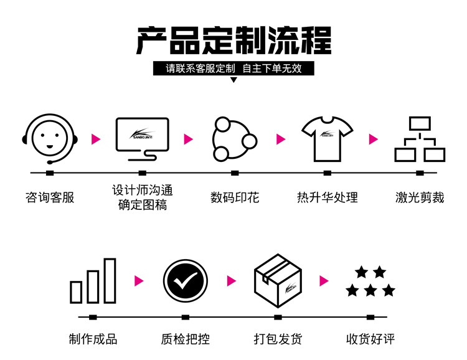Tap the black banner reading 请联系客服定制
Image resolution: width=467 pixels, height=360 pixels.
click(233, 69)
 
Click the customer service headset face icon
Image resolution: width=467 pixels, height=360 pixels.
click(50, 138)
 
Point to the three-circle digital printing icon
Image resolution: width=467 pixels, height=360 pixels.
click(233, 138)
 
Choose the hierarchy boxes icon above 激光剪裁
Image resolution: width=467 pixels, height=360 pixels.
click(420, 139)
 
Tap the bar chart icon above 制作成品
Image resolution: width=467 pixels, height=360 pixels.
click(93, 281)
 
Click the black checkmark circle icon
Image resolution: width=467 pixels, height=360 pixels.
click(186, 282)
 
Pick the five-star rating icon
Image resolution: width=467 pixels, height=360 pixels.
click(371, 282)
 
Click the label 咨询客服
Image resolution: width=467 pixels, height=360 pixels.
click(50, 197)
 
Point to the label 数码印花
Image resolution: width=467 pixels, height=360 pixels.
click(235, 197)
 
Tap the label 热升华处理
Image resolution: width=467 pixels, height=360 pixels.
click(328, 197)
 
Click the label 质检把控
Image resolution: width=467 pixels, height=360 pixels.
click(186, 339)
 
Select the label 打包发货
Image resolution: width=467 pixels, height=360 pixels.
click(278, 339)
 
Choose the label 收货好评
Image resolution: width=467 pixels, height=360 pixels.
click(371, 339)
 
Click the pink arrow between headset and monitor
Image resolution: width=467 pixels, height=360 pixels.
click(95, 139)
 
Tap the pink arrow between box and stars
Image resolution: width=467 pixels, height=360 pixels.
click(324, 281)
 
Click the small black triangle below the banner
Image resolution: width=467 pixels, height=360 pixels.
click(233, 80)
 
